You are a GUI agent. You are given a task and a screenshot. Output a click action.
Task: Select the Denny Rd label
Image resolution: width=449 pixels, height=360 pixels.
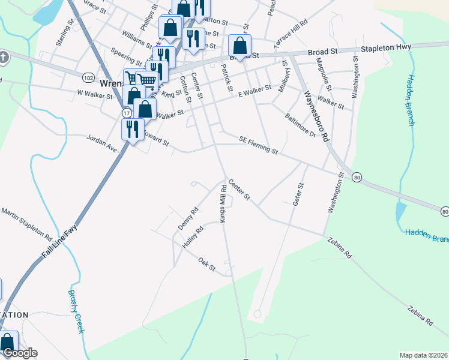[x=187, y=219]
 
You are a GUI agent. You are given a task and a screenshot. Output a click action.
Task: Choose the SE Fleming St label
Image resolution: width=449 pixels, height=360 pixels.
[x=258, y=144]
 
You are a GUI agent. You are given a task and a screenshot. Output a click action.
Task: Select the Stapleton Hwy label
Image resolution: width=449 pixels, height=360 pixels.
[x=386, y=49]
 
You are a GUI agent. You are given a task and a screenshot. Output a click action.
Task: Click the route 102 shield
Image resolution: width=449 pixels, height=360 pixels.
[x=88, y=77]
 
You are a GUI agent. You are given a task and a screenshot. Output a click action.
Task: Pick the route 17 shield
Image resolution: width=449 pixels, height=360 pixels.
[x=126, y=112]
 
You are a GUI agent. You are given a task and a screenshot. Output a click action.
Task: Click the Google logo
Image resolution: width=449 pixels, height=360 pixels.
[x=19, y=353]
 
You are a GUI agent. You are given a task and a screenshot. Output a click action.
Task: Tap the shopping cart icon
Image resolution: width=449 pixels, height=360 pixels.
[x=147, y=80]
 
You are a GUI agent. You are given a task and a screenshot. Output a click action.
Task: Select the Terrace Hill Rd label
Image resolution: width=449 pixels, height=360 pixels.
[x=291, y=34]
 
